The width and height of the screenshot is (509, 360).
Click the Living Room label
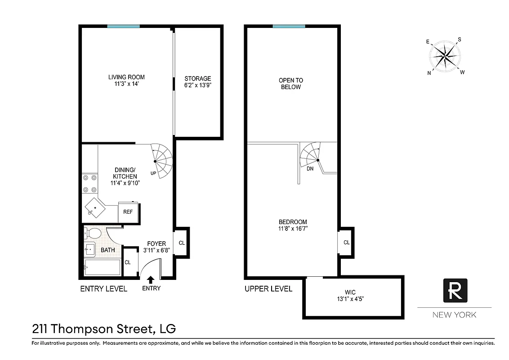(126, 77)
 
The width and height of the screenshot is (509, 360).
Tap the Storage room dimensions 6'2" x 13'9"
(197, 85)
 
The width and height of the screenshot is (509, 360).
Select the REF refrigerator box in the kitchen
(128, 212)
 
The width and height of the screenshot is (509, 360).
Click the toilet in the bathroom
(94, 234)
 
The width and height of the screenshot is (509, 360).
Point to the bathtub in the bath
(103, 267)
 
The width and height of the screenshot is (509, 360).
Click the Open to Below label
(290, 84)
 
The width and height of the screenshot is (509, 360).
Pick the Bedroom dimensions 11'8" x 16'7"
(293, 229)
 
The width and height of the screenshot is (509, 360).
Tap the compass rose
(445, 56)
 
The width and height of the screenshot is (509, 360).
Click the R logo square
(455, 290)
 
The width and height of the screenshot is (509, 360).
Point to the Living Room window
(123, 26)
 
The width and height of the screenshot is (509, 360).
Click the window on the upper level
(289, 26)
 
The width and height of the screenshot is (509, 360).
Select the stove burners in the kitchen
(89, 184)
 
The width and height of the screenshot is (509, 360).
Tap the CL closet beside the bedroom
(346, 242)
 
